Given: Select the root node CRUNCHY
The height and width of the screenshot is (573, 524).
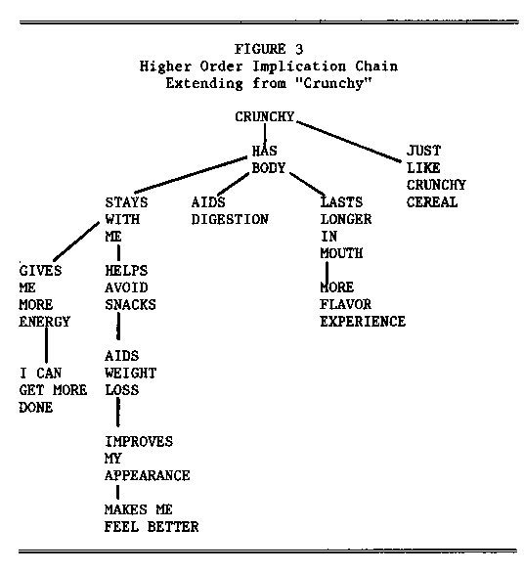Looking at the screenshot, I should pos(264,117).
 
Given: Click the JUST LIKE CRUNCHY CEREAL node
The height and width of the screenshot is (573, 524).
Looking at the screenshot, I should pos(436,177).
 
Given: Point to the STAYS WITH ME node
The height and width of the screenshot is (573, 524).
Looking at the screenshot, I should pos(128,219).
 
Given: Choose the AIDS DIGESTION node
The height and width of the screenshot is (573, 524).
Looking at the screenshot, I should pos(229,211).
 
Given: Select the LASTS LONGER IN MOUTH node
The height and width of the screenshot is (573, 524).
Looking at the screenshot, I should pos(346,228).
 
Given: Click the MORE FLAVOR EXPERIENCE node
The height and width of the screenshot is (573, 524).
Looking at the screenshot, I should pos(362,304).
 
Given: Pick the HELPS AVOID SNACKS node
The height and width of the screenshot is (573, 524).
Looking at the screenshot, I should pos(130,287).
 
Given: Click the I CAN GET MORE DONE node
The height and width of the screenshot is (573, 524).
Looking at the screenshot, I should pos(53,390).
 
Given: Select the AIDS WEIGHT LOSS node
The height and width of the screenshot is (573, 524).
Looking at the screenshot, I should pos(130,373).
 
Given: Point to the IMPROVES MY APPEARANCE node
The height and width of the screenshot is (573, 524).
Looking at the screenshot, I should pos(147,459).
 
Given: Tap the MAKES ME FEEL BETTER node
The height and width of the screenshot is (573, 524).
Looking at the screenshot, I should pos(151,518).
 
